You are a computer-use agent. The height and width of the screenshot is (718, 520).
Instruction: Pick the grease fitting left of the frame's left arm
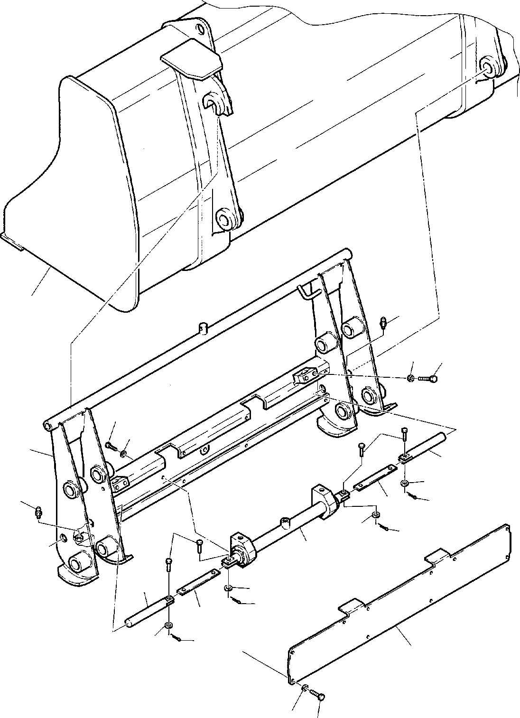[x=38, y=513]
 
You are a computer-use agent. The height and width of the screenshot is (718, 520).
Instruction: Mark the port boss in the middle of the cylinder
[x=286, y=523]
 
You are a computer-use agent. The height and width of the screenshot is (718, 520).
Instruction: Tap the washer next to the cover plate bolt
[x=306, y=687]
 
